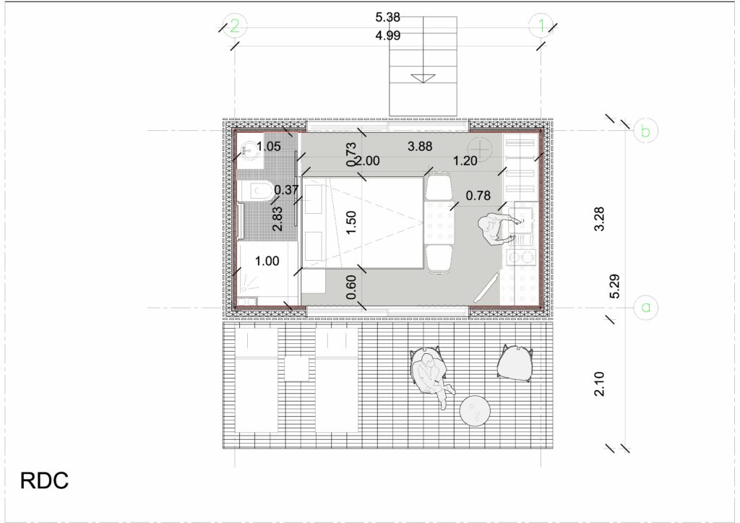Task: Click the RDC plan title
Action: pos(44,480)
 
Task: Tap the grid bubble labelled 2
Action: pos(235,25)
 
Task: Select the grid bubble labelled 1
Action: pos(541,25)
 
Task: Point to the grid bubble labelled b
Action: pos(645,131)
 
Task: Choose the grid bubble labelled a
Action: pos(646,308)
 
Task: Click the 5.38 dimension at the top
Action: pos(387,17)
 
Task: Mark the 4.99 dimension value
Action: pos(387,35)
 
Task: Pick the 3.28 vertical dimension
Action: pos(599,219)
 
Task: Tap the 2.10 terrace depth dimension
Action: pos(599,384)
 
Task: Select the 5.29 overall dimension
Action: pos(614,286)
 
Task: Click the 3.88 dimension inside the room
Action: pos(420,147)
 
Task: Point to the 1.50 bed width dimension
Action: pos(350,222)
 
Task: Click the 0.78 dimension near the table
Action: pos(478,195)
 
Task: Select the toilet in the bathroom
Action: pos(256,191)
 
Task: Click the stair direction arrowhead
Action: pos(423,78)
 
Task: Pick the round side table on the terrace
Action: pos(475,410)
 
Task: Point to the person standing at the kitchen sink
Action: pos(496,229)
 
